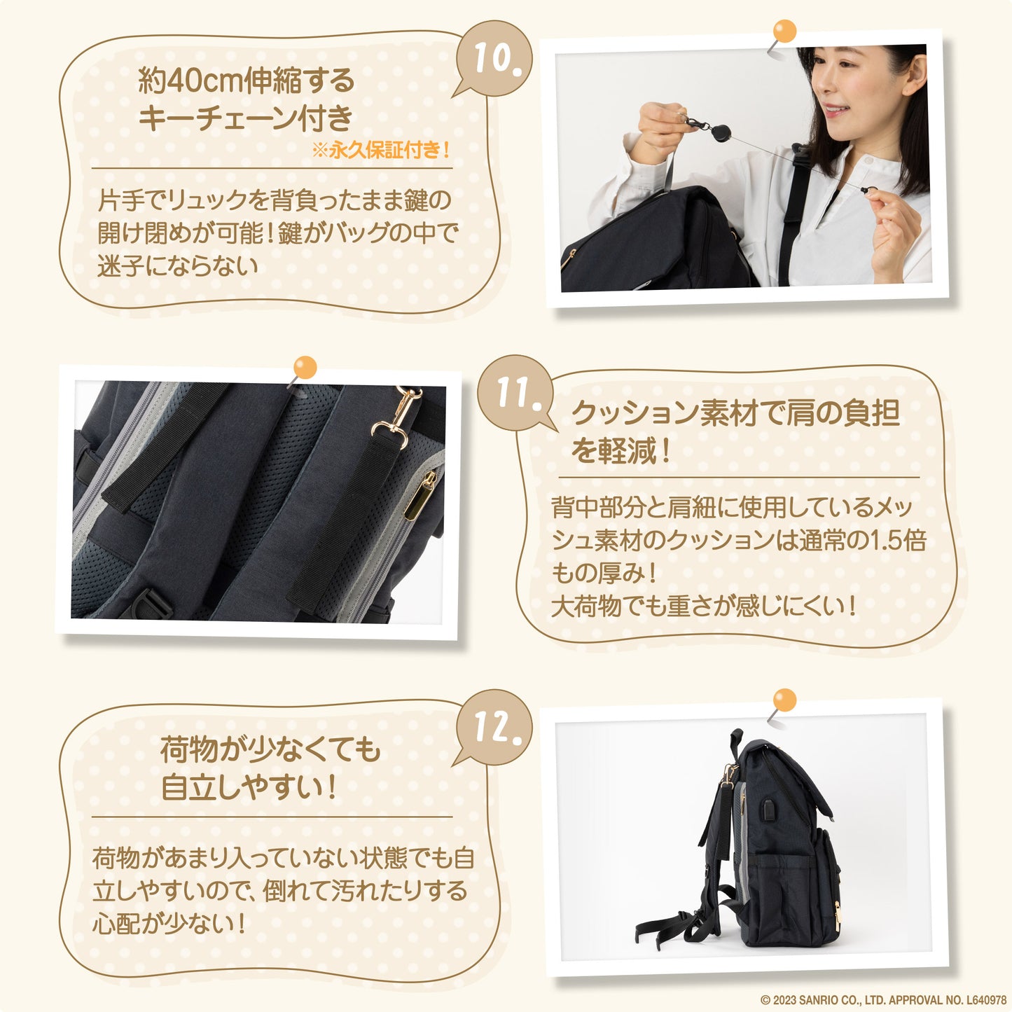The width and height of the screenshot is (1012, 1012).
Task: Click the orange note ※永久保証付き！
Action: tap(381, 151)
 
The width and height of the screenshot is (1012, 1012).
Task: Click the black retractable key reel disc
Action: tap(719, 132)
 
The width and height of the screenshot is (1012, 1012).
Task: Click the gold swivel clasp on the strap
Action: tap(398, 415)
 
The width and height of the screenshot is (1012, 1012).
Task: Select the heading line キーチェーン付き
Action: tap(245, 118)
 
